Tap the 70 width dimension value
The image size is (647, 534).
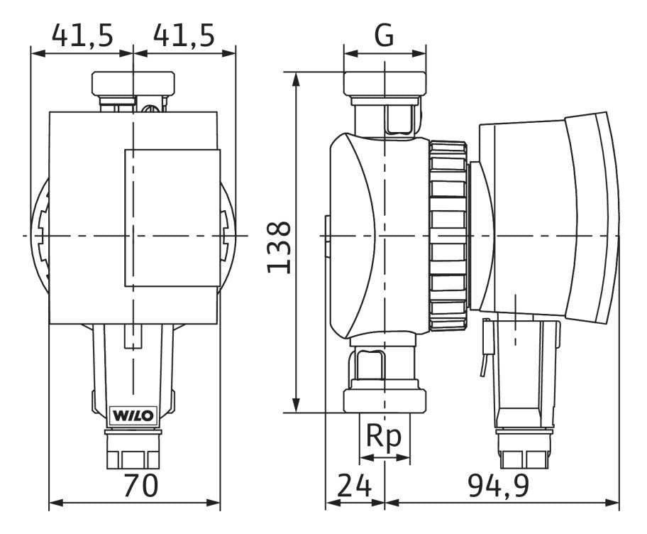pyautogui.click(x=140, y=486)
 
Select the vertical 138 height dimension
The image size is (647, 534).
pyautogui.click(x=280, y=247)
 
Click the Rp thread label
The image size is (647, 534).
pyautogui.click(x=384, y=436)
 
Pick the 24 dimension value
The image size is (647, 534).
pyautogui.click(x=355, y=486)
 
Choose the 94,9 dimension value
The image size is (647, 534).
pyautogui.click(x=499, y=486)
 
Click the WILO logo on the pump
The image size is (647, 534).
pyautogui.click(x=133, y=415)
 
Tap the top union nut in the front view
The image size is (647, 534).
pyautogui.click(x=133, y=84)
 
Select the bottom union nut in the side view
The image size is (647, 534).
pyautogui.click(x=385, y=400)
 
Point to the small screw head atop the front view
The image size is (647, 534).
pyautogui.click(x=150, y=107)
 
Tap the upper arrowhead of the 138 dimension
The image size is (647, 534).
pyautogui.click(x=296, y=79)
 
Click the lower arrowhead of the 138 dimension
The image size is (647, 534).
pyautogui.click(x=296, y=405)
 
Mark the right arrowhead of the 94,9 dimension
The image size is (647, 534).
pyautogui.click(x=613, y=503)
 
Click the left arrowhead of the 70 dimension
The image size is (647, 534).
pyautogui.click(x=56, y=503)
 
